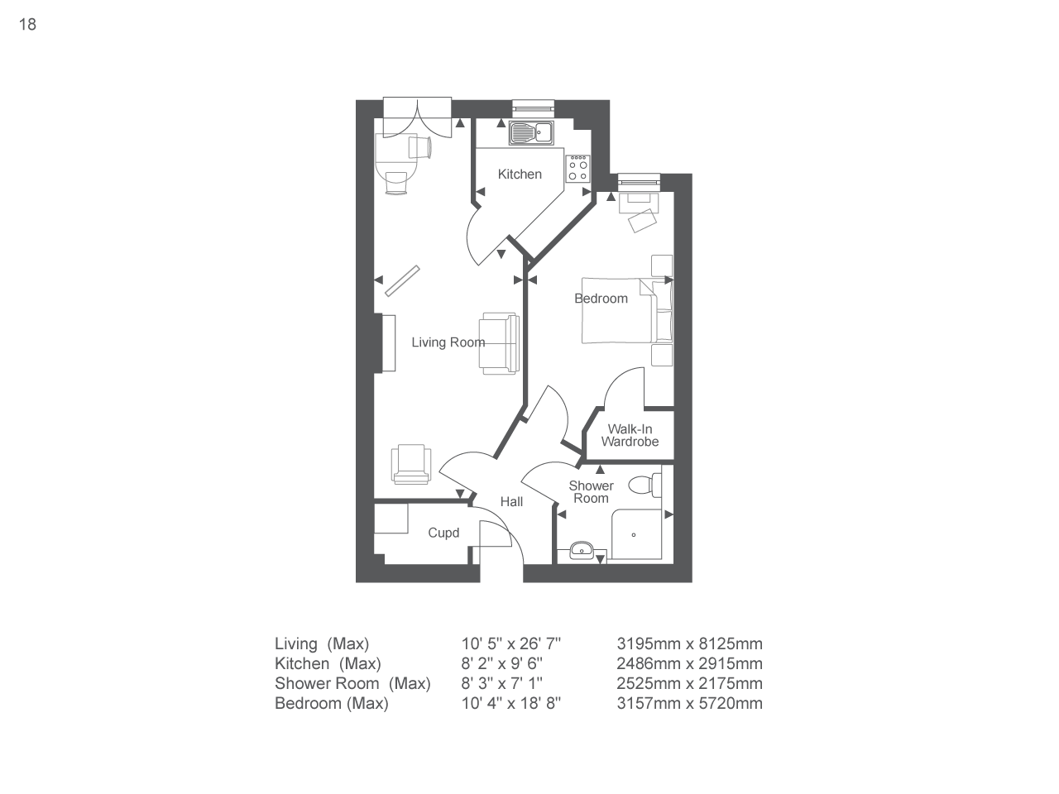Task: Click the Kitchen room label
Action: pyautogui.click(x=520, y=175)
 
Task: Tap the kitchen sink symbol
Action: pyautogui.click(x=530, y=132)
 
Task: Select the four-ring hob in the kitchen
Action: pyautogui.click(x=577, y=169)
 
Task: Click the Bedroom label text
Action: pyautogui.click(x=601, y=299)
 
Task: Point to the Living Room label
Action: pyautogui.click(x=448, y=342)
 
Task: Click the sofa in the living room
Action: pyautogui.click(x=499, y=342)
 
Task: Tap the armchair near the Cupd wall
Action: pyautogui.click(x=411, y=463)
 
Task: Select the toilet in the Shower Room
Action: pyautogui.click(x=645, y=484)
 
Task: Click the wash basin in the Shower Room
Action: pyautogui.click(x=582, y=549)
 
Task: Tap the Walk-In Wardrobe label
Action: pyautogui.click(x=630, y=435)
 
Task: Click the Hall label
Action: pyautogui.click(x=511, y=502)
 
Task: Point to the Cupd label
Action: pyautogui.click(x=443, y=533)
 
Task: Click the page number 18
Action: pyautogui.click(x=27, y=24)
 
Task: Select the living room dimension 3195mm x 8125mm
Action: pyautogui.click(x=689, y=643)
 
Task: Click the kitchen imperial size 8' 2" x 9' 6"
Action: pyautogui.click(x=502, y=663)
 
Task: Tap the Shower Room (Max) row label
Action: pyautogui.click(x=352, y=683)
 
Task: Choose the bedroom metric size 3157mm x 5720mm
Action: pyautogui.click(x=689, y=703)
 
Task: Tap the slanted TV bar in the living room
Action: pyautogui.click(x=403, y=280)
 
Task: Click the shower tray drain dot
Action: pyautogui.click(x=635, y=534)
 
